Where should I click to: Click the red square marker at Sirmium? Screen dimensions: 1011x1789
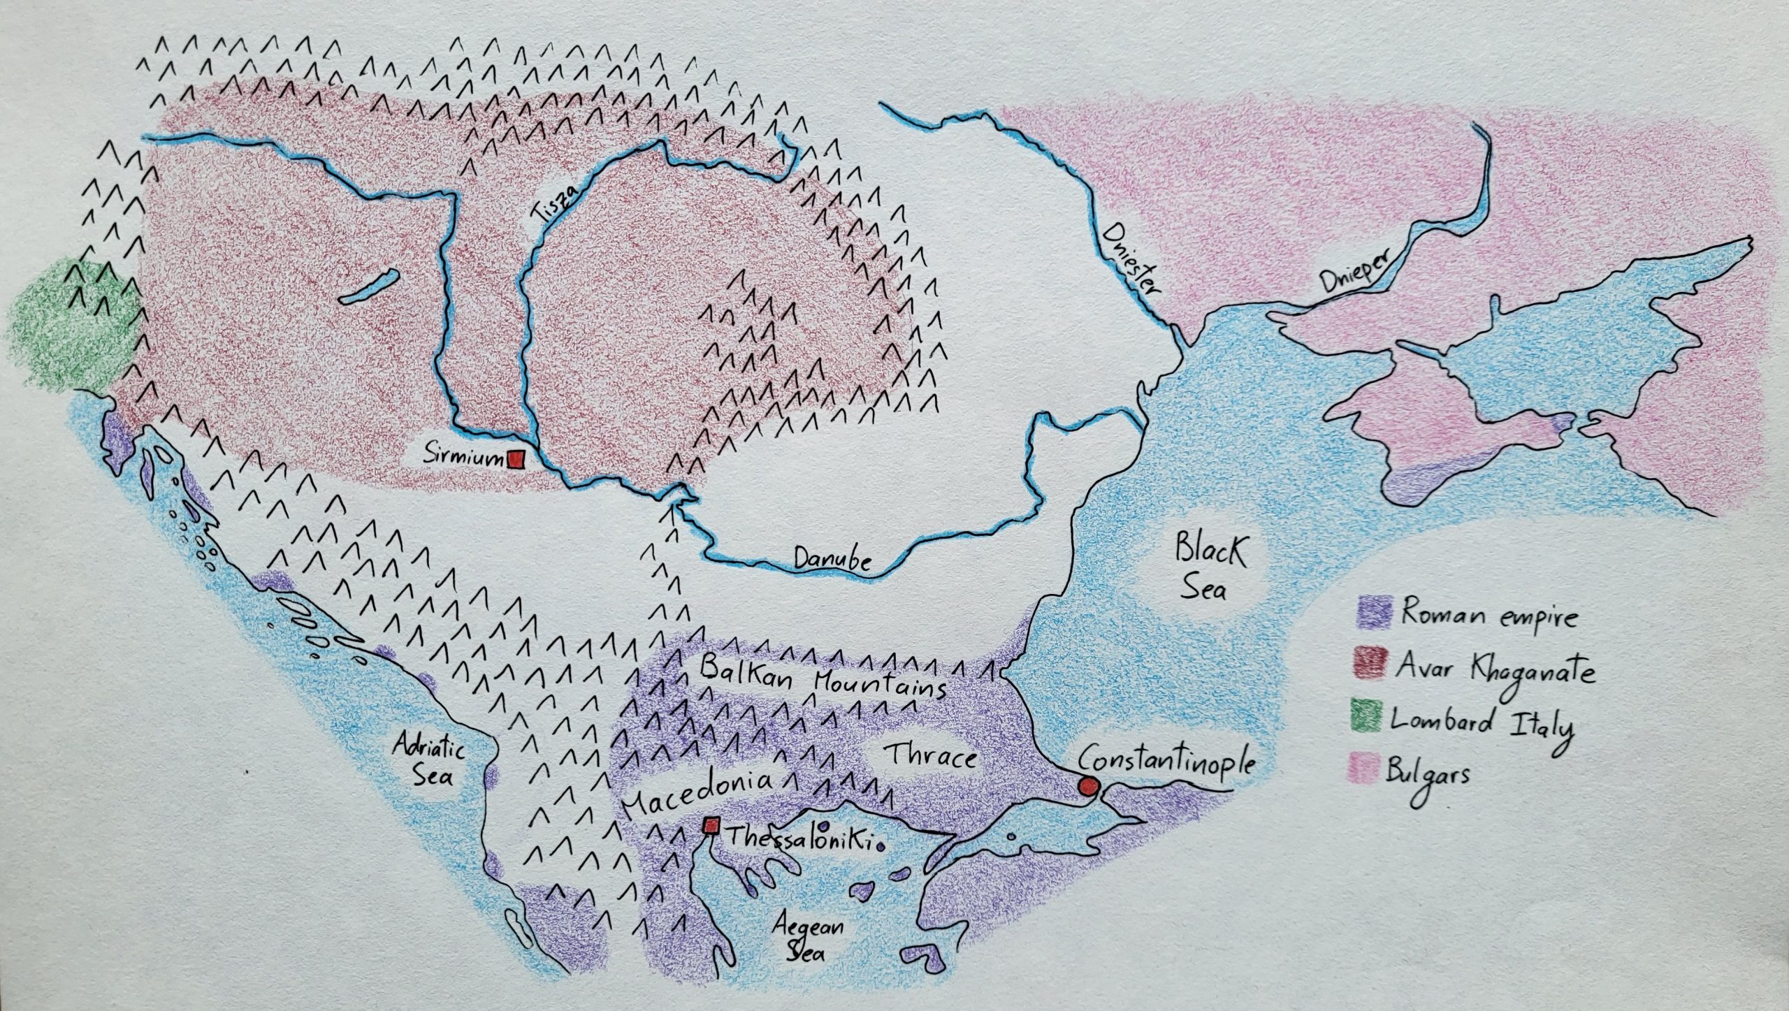pos(516,459)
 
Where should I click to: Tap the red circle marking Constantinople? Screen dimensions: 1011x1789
pos(1087,786)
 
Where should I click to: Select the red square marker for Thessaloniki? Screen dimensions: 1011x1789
pos(712,826)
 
